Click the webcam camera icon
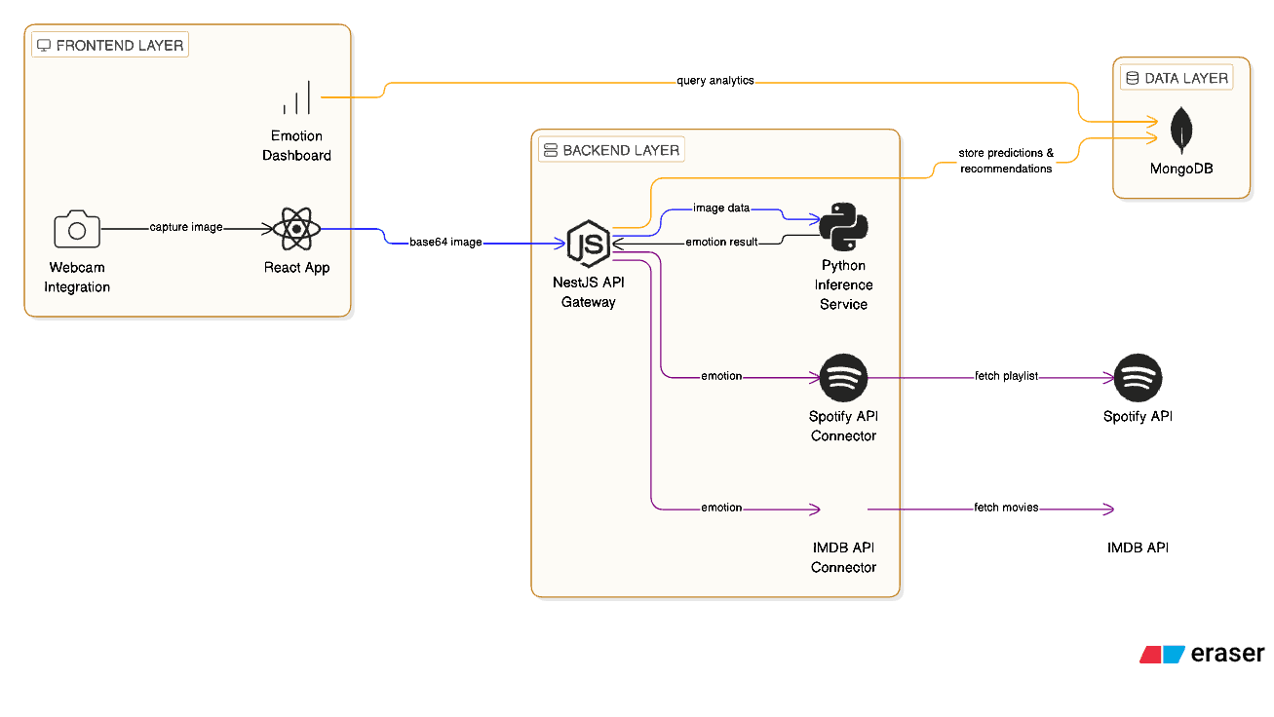[77, 230]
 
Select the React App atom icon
[296, 230]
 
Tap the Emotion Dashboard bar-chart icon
[296, 98]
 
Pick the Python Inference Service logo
[843, 226]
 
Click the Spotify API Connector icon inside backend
[843, 377]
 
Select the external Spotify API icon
[1138, 377]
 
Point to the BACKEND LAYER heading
[611, 151]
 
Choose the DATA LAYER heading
[1177, 78]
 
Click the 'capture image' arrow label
[186, 227]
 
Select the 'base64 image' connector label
[445, 242]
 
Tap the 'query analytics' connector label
[715, 81]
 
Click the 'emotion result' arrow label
[721, 242]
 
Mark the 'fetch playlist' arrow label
[1007, 376]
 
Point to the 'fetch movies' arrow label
[1007, 508]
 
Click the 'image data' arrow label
[721, 208]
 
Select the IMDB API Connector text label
[843, 557]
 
